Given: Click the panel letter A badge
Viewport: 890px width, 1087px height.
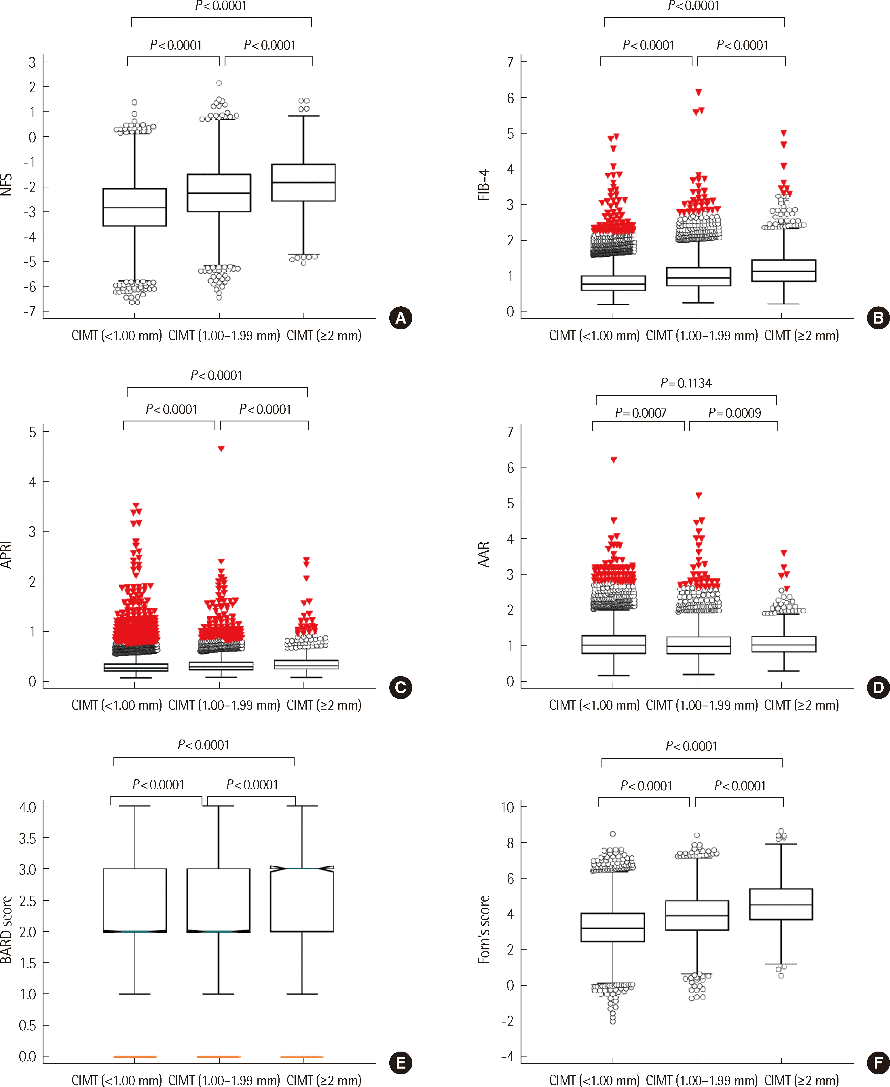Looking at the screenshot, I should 401,318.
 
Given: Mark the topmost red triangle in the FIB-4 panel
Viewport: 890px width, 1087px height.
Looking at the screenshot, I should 698,92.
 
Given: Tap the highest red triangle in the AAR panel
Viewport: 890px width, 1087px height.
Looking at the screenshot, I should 614,460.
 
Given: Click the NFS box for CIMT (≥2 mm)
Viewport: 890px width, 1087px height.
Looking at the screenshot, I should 303,183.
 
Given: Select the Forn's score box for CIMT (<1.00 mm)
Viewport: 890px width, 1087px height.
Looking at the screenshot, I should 613,927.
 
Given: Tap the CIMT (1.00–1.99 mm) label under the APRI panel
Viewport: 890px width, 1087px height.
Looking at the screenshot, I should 224,705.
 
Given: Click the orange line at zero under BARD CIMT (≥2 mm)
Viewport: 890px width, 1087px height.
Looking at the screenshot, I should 302,1057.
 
